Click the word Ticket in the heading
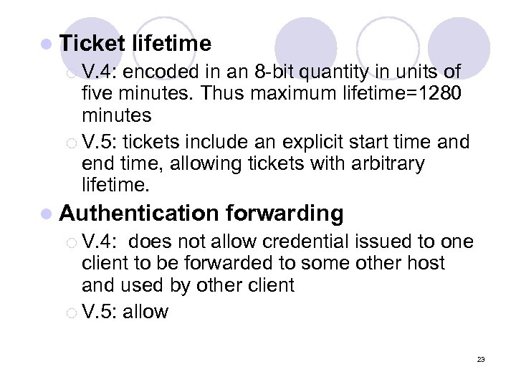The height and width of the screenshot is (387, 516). tap(92, 44)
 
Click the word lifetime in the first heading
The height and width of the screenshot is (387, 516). tap(171, 44)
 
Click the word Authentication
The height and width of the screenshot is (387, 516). tap(139, 214)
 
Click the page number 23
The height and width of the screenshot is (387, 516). tap(480, 359)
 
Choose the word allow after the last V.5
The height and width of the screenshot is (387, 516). tap(145, 311)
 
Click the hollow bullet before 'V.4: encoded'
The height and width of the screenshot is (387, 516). tap(69, 72)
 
